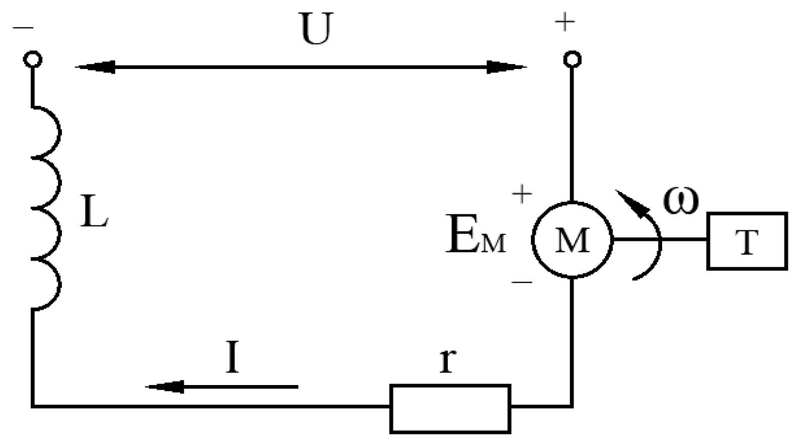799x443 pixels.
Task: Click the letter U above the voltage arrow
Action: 316,29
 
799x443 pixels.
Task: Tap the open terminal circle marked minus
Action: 33,59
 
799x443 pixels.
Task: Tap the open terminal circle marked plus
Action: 572,59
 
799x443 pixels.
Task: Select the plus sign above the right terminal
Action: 565,22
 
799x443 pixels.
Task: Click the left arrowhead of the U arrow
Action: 96,67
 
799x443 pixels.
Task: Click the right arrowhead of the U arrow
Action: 506,67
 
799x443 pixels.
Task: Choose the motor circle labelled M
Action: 572,240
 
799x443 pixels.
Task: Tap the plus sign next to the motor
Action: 522,194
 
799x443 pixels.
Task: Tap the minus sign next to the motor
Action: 522,282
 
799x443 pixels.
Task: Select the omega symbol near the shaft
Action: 680,199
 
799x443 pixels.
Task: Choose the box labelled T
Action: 747,241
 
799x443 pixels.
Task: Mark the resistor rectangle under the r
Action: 450,408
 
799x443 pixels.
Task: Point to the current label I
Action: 232,358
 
